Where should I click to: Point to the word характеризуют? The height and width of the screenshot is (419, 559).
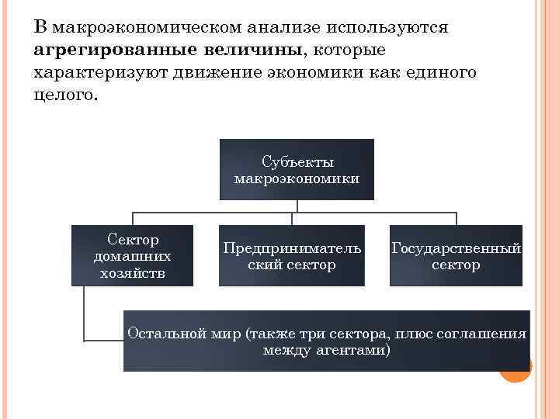95,74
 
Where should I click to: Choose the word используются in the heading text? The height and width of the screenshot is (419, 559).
388,28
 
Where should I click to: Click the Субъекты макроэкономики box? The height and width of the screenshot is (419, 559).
297,168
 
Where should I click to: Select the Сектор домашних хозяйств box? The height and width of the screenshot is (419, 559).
132,255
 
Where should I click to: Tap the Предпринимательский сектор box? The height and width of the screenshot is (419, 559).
291,255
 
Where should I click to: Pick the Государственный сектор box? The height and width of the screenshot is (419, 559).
456,255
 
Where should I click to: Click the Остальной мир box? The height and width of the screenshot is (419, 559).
326,341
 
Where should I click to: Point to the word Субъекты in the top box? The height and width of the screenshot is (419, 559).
297,162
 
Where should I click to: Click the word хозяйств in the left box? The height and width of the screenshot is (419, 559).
133,273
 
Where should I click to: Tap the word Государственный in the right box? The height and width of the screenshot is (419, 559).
456,248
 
